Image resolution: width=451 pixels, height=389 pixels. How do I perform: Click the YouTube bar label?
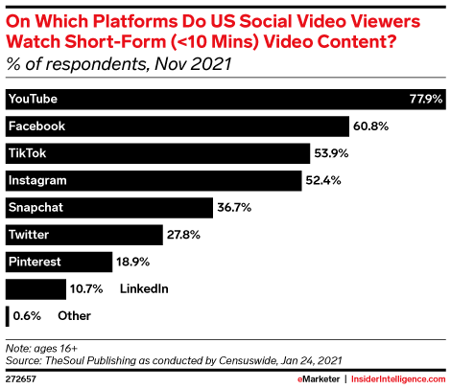(34, 99)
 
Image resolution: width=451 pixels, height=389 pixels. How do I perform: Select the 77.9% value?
(425, 99)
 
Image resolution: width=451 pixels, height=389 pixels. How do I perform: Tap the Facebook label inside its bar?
(36, 126)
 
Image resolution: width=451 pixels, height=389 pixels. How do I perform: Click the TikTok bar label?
(27, 153)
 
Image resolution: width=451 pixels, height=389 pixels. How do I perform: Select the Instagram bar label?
(36, 180)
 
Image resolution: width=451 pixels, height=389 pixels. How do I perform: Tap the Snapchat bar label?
(35, 207)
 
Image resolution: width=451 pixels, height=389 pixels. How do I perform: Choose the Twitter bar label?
(29, 234)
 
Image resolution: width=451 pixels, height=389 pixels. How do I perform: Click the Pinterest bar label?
(35, 261)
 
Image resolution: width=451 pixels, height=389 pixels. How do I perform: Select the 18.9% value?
(135, 261)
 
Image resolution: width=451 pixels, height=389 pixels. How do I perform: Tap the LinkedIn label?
(144, 288)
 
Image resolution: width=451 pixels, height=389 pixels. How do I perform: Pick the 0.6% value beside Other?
(27, 315)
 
